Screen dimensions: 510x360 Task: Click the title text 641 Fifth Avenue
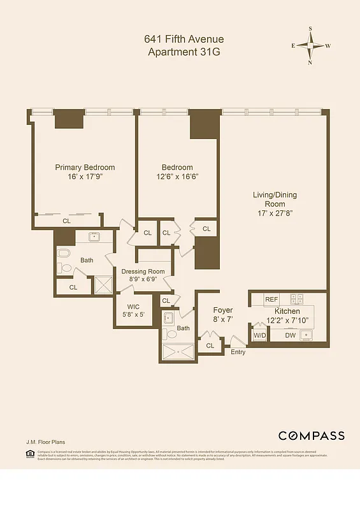184,40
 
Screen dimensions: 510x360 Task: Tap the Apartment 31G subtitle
184,52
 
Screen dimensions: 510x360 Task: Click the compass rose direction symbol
310,45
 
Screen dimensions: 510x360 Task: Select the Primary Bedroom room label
85,168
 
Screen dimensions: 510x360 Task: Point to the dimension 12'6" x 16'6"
177,177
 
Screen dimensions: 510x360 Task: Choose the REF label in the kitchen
271,299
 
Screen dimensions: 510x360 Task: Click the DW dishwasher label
290,335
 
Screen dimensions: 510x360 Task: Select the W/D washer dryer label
260,335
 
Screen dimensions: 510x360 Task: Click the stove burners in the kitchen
297,298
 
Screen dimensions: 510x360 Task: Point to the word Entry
238,352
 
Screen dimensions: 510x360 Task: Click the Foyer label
222,310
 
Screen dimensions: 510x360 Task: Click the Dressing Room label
143,272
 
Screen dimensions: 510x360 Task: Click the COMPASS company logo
311,436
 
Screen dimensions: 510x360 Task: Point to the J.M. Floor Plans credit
45,441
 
